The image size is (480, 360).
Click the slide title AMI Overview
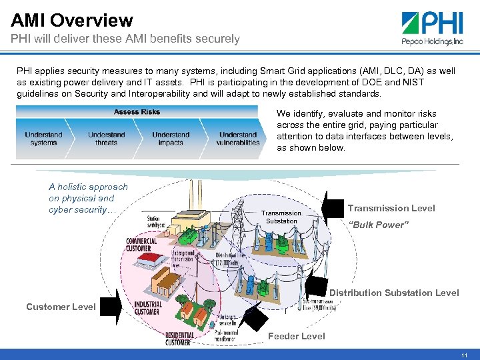click(72, 21)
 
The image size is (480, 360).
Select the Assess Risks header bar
click(137, 112)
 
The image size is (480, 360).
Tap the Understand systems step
click(44, 139)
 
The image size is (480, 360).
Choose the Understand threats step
click(107, 139)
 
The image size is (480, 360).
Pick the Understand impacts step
click(171, 139)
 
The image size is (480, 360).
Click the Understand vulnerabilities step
click(237, 139)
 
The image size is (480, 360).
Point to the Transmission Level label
click(391, 208)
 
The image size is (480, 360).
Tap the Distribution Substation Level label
click(394, 293)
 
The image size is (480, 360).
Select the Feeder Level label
click(297, 336)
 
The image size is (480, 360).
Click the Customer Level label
click(61, 307)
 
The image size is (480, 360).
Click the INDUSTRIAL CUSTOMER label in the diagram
click(147, 307)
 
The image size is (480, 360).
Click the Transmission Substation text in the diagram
click(281, 217)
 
